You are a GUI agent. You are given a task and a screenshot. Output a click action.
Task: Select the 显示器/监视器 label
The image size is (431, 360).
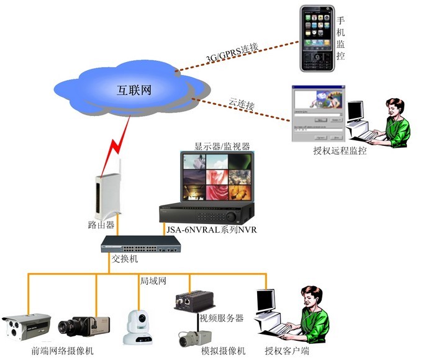(222, 146)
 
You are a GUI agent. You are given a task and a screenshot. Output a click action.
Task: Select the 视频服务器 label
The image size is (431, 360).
(221, 318)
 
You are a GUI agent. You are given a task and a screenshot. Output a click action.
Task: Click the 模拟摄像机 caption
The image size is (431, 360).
(223, 351)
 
